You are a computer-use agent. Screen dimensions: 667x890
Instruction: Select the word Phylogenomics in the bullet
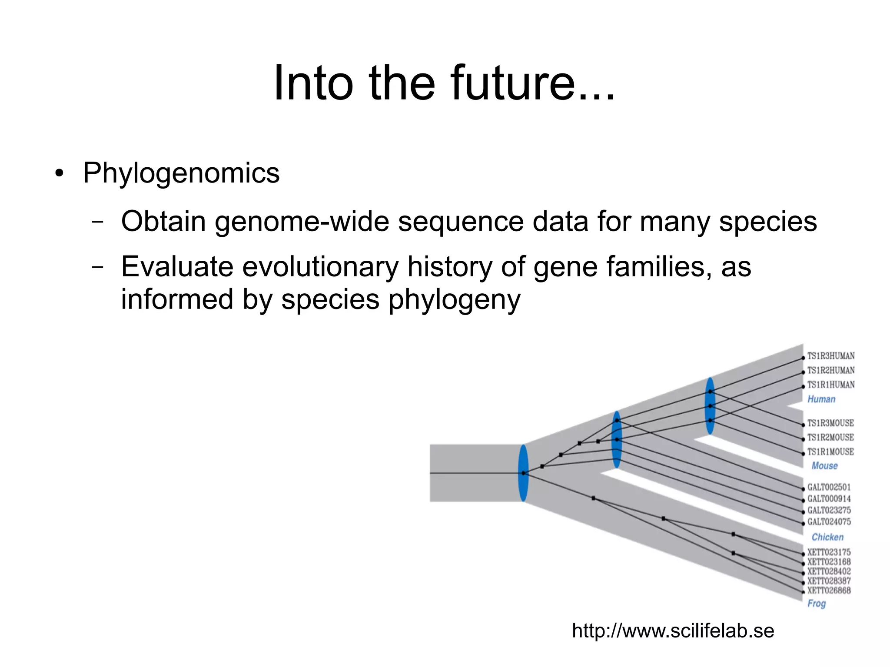click(x=181, y=173)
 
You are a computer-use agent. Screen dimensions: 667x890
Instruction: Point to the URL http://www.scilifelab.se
click(x=673, y=630)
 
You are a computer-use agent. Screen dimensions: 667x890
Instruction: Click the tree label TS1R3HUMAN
click(x=830, y=356)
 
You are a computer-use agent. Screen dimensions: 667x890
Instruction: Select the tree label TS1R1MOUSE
click(x=830, y=452)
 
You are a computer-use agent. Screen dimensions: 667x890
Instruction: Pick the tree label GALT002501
click(x=829, y=487)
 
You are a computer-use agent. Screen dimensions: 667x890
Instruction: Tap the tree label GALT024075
click(x=829, y=522)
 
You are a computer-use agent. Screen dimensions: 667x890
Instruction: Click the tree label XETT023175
click(x=829, y=552)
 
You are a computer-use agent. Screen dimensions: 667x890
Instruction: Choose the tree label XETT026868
click(x=829, y=591)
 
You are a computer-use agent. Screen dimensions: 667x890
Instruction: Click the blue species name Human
click(x=821, y=399)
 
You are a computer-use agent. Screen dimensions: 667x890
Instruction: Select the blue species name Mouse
click(x=824, y=466)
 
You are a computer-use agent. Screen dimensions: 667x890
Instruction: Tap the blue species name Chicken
click(x=827, y=537)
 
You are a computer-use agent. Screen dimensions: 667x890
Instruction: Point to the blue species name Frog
click(x=817, y=604)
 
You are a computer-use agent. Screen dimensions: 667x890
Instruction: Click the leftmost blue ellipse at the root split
click(x=524, y=473)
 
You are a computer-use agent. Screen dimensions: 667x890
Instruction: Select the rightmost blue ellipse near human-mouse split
click(x=710, y=406)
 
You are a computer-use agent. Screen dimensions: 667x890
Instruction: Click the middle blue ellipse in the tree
click(x=617, y=439)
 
